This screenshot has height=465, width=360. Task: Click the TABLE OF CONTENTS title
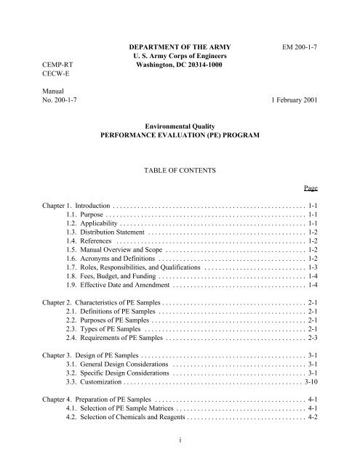click(x=179, y=169)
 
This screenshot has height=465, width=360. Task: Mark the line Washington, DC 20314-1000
click(x=179, y=70)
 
